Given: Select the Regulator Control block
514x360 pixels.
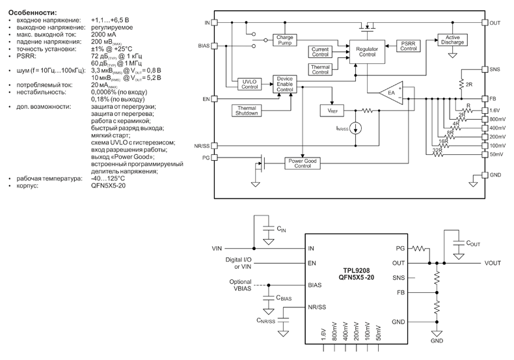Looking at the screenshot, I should [x=368, y=52].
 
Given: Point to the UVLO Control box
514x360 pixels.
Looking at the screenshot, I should [x=249, y=83].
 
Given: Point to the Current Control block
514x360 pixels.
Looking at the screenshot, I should [x=319, y=52].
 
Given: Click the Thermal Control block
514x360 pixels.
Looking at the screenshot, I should [x=320, y=69].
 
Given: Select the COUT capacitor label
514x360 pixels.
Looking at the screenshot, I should [x=474, y=242].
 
